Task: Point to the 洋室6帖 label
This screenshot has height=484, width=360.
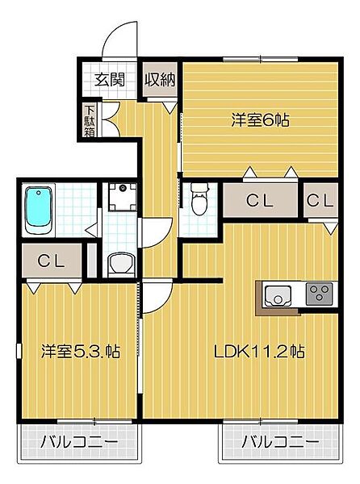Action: coord(261,119)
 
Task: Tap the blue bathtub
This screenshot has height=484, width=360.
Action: coord(38,210)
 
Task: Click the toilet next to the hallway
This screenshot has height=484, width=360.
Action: coord(199,199)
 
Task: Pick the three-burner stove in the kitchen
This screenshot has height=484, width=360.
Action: coord(317,294)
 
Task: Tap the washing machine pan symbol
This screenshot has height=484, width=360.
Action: coord(123,197)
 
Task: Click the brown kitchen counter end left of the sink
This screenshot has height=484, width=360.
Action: coord(261,294)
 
